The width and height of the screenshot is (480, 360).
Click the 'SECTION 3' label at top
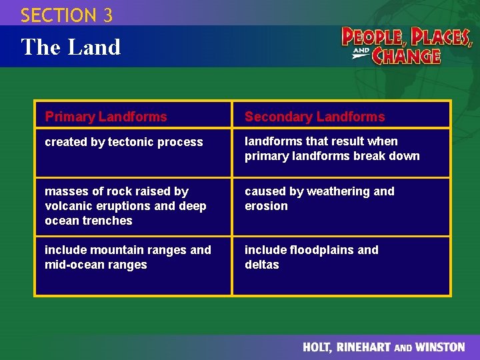click(x=67, y=15)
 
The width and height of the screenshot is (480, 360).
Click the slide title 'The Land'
click(x=71, y=47)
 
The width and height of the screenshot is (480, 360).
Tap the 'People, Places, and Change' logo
click(x=407, y=45)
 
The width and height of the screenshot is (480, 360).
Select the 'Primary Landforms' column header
click(x=106, y=117)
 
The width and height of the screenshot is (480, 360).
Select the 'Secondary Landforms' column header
click(x=315, y=117)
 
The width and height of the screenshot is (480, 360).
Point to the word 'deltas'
click(x=262, y=265)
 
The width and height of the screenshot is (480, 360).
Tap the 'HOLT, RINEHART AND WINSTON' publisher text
click(x=383, y=347)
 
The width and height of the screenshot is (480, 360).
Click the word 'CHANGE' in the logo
click(x=406, y=55)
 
